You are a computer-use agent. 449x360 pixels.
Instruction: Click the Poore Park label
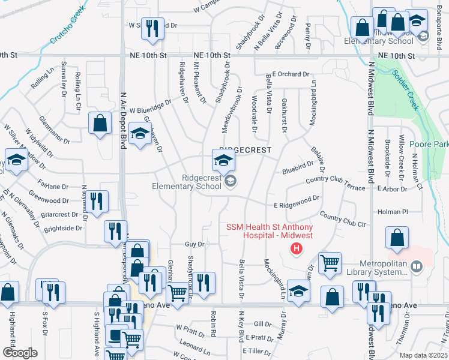(429, 145)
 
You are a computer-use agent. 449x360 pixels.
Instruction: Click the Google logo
(19, 353)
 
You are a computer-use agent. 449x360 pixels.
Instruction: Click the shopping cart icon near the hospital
(330, 263)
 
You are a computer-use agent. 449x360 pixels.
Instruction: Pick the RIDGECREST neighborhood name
(246, 149)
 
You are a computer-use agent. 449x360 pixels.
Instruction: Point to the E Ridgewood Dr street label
(296, 205)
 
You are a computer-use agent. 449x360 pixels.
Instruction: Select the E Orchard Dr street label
(290, 74)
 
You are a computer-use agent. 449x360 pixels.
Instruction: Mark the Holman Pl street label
(393, 212)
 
